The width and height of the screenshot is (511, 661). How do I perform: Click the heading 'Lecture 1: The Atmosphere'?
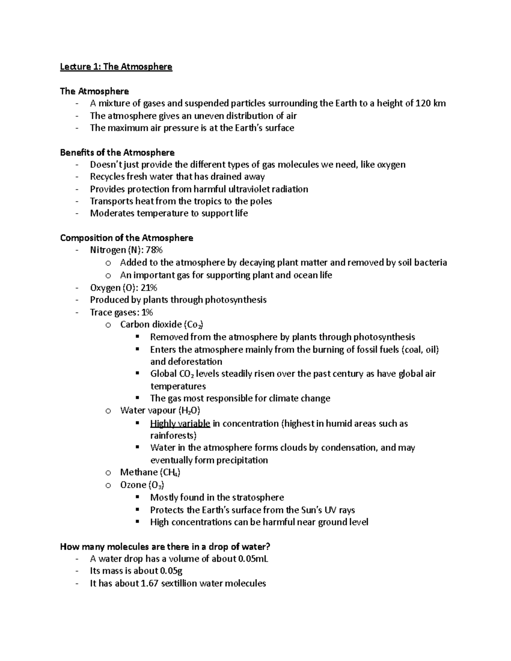pos(116,67)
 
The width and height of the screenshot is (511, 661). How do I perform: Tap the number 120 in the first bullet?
pos(422,103)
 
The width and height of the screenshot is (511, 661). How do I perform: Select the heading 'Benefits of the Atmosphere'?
pos(117,152)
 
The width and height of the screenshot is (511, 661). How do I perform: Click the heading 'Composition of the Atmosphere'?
pos(126,238)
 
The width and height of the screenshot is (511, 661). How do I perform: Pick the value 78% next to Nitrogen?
pos(154,250)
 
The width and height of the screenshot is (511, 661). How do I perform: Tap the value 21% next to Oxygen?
pos(149,288)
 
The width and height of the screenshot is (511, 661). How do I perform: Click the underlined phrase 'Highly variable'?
pos(180,423)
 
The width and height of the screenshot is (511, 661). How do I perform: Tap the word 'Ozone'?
pos(133,485)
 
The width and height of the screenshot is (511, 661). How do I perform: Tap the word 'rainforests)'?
pos(173,435)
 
